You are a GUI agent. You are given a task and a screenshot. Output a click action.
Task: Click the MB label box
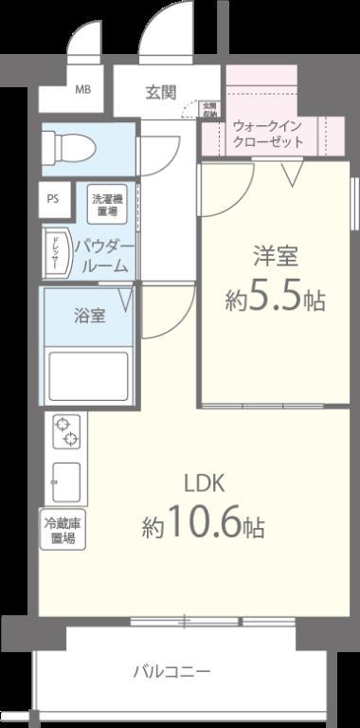(x=83, y=91)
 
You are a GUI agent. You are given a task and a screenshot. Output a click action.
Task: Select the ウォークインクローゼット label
(x=268, y=133)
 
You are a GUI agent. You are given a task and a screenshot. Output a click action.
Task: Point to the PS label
(x=53, y=199)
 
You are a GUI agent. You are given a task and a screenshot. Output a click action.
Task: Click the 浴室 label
(x=90, y=316)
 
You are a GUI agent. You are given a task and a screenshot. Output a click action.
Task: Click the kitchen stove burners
(x=66, y=431)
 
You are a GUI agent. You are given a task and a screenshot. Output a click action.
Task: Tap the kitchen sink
(x=67, y=482)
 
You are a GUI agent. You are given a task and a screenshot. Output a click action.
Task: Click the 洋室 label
(x=274, y=255)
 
